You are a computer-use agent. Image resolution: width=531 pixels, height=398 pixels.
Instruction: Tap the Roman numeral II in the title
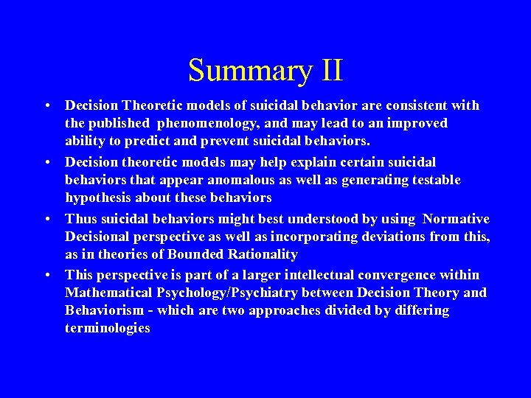(332, 71)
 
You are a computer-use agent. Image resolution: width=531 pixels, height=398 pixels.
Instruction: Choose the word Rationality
(261, 254)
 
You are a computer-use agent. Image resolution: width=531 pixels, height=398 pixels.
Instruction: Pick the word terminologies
(108, 328)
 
